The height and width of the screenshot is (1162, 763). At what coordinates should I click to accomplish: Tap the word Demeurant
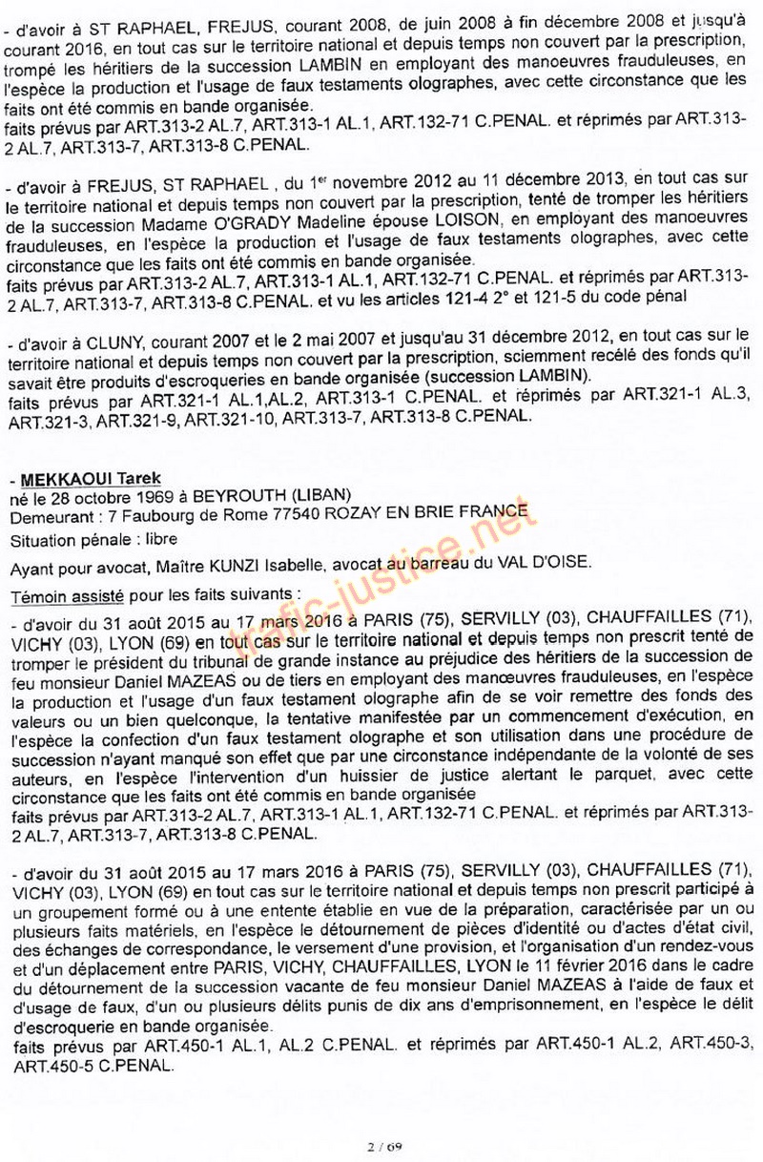48,517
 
